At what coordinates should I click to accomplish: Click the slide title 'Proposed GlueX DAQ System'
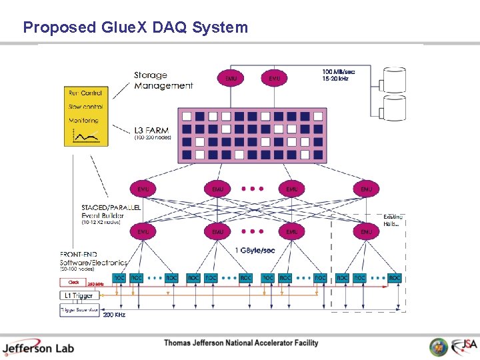pyautogui.click(x=135, y=27)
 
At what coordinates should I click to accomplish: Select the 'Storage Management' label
pyautogui.click(x=163, y=81)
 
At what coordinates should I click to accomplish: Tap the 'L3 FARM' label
pyautogui.click(x=151, y=130)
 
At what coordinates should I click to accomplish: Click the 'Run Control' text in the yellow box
pyautogui.click(x=85, y=93)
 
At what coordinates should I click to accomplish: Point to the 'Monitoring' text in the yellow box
pyautogui.click(x=83, y=121)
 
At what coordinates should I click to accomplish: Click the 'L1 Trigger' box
pyautogui.click(x=79, y=295)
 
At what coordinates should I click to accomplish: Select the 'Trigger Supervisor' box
pyautogui.click(x=79, y=310)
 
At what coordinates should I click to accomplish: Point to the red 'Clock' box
pyautogui.click(x=74, y=282)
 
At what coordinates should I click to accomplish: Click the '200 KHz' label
pyautogui.click(x=114, y=315)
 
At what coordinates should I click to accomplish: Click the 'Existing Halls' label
pyautogui.click(x=392, y=221)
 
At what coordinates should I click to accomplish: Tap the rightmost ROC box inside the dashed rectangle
pyautogui.click(x=395, y=277)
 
